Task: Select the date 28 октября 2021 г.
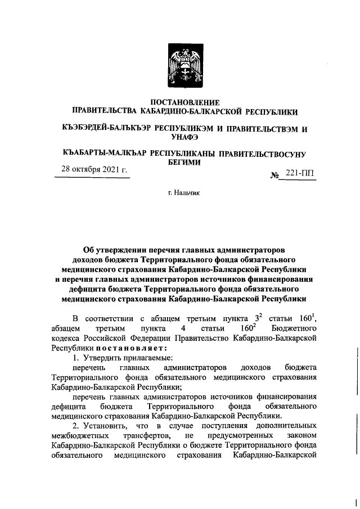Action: click(x=91, y=170)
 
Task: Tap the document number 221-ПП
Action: click(x=300, y=174)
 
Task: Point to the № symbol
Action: click(x=275, y=175)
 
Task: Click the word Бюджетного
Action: click(x=295, y=328)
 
